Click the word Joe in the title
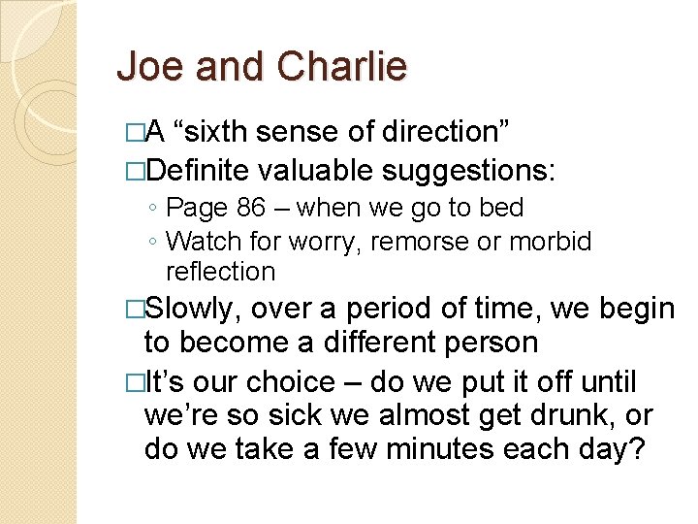coord(146,67)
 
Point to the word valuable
coord(315,171)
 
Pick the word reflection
coord(220,271)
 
